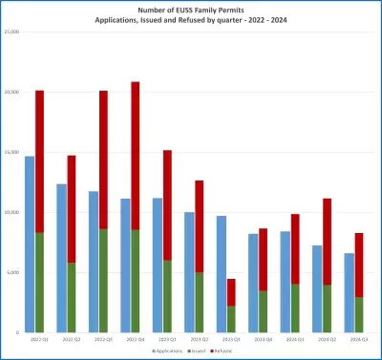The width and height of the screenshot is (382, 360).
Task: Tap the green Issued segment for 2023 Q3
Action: (231, 319)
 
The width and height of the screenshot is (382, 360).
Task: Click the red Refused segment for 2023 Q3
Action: (231, 292)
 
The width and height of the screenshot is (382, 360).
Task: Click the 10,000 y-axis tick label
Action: (11, 212)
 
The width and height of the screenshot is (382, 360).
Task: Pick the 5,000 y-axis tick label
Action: (12, 272)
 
